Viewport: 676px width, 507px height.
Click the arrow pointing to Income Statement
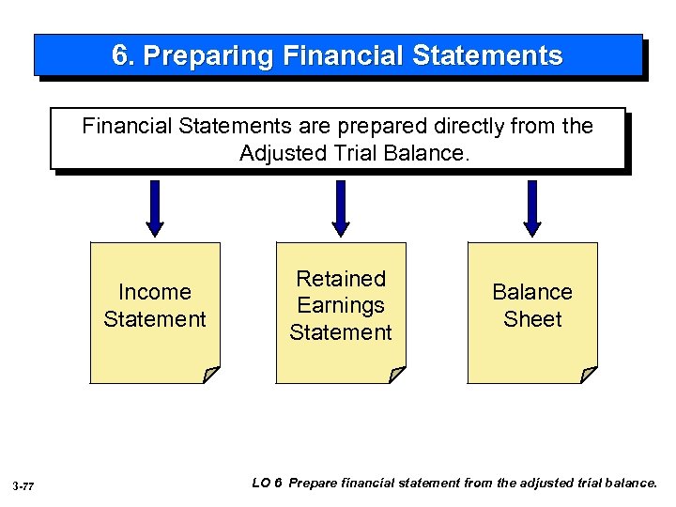(x=155, y=207)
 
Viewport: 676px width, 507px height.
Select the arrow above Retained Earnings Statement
(x=341, y=207)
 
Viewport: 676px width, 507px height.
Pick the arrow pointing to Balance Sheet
(x=532, y=207)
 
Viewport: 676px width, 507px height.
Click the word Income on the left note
(x=155, y=292)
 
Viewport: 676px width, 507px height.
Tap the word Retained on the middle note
(x=341, y=279)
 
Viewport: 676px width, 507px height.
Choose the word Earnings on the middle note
(x=341, y=305)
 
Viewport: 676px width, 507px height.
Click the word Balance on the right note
(x=532, y=292)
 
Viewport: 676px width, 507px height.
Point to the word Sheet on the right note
(x=532, y=319)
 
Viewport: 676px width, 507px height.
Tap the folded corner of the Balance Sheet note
(x=588, y=375)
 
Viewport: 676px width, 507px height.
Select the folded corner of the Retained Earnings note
(x=397, y=375)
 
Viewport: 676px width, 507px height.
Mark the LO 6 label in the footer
(x=268, y=483)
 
